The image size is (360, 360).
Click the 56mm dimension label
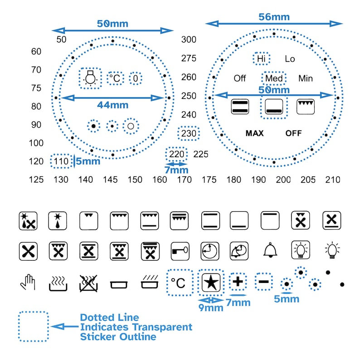point(274,17)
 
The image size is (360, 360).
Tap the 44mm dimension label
point(112,105)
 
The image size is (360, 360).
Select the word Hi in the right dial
point(261,58)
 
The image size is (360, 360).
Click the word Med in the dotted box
point(274,78)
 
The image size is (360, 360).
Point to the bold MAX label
point(254,133)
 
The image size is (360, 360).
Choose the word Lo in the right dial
point(290,58)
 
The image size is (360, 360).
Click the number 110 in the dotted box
point(60,161)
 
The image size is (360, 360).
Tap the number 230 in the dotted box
point(189,134)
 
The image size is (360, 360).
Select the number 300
point(189,39)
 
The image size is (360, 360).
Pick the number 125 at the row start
point(36,180)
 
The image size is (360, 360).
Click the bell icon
point(270,249)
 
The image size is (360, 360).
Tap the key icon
point(180,250)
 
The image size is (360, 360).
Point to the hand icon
point(28,282)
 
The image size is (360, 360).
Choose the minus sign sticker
point(264,282)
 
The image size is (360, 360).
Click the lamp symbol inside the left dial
point(91,78)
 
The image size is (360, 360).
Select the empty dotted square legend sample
point(33,326)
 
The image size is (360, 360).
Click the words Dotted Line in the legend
point(109,317)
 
